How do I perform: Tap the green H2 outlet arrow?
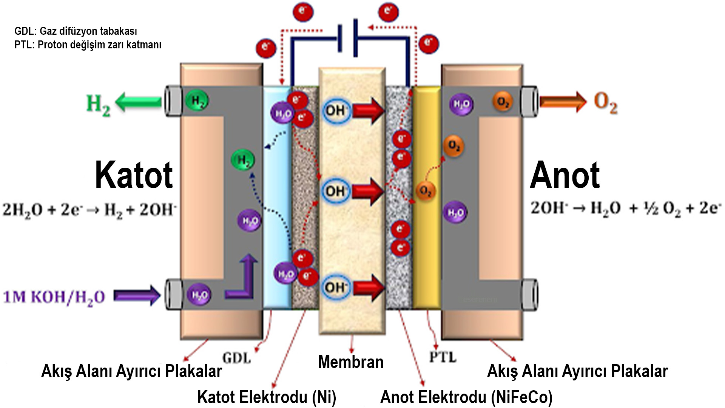click(x=139, y=102)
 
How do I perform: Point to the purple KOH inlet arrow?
click(x=137, y=295)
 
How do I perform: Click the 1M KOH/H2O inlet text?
click(x=54, y=297)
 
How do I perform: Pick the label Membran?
click(x=351, y=362)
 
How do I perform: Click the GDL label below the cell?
click(x=236, y=358)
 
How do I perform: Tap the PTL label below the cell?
click(x=443, y=357)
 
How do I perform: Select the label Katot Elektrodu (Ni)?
click(x=267, y=397)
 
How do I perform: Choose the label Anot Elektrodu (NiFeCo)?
click(x=466, y=397)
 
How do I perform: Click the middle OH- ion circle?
click(x=335, y=191)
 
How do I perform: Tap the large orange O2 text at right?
click(x=606, y=102)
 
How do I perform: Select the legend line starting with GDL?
click(x=76, y=31)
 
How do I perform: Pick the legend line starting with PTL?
click(x=88, y=45)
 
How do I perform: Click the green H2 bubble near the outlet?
click(x=197, y=101)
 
